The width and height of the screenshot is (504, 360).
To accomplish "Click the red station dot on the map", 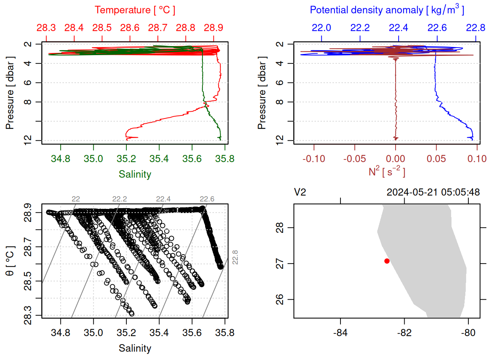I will pyautogui.click(x=387, y=261).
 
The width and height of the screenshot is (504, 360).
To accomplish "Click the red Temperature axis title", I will pyautogui.click(x=135, y=10).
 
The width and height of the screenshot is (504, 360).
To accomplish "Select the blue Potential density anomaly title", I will pyautogui.click(x=387, y=10).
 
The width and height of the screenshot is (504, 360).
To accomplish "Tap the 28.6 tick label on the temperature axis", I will pyautogui.click(x=130, y=28).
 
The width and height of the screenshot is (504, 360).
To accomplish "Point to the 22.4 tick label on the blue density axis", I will pyautogui.click(x=398, y=28).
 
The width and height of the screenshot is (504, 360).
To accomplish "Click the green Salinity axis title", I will pyautogui.click(x=135, y=174).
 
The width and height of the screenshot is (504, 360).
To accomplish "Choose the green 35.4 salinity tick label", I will pyautogui.click(x=159, y=159).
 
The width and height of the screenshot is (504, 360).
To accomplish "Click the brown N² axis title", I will pyautogui.click(x=387, y=172).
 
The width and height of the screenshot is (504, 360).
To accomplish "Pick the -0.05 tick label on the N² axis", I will pyautogui.click(x=354, y=159).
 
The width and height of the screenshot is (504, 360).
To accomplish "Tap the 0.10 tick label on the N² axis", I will pyautogui.click(x=477, y=159).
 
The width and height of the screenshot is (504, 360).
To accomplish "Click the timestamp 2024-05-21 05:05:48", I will pyautogui.click(x=433, y=192).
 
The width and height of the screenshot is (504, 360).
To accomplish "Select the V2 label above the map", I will pyautogui.click(x=300, y=192).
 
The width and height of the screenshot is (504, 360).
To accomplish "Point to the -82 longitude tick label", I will pyautogui.click(x=404, y=333).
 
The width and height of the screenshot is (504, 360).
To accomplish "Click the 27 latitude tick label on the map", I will pyautogui.click(x=280, y=264).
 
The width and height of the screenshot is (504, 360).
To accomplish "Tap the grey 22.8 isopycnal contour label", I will pyautogui.click(x=235, y=257).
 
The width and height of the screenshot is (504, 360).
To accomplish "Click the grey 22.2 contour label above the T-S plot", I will pyautogui.click(x=119, y=199).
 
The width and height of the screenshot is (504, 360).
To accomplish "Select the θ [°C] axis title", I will pyautogui.click(x=10, y=261).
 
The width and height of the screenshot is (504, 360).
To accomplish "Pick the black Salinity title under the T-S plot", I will pyautogui.click(x=135, y=348).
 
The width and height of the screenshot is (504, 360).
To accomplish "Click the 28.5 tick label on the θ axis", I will pyautogui.click(x=28, y=281).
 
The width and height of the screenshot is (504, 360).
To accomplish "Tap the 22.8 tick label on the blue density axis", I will pyautogui.click(x=475, y=28).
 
